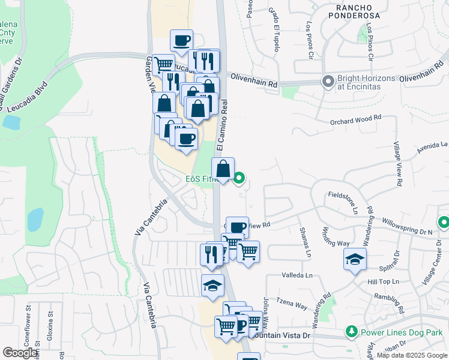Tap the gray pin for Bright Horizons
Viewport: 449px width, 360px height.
tap(328, 81)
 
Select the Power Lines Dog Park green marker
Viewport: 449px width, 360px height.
tap(352, 332)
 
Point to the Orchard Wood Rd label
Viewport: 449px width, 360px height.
tap(356, 120)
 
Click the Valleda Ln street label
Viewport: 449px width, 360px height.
tap(298, 275)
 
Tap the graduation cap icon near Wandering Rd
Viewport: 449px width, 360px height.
tap(355, 259)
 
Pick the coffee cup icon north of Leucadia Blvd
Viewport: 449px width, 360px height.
tap(181, 41)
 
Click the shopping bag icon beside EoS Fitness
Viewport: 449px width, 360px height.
tap(223, 169)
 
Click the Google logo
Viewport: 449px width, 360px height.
tap(20, 353)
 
